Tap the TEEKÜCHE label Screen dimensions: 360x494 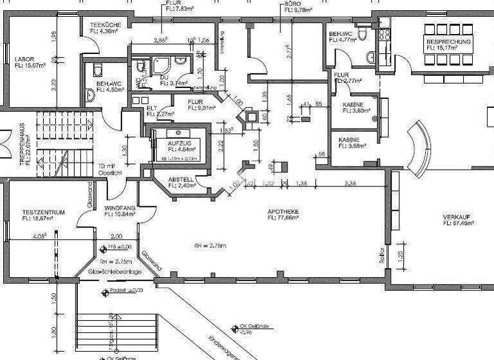click(x=97, y=24)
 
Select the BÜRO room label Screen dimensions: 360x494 click(x=293, y=3)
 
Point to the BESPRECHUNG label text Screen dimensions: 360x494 click(x=448, y=42)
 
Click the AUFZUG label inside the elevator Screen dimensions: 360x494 click(x=179, y=143)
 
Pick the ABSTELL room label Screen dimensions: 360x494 click(x=181, y=179)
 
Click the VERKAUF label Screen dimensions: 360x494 click(x=457, y=217)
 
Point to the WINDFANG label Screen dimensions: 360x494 click(x=119, y=208)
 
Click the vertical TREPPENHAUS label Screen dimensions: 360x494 click(x=21, y=146)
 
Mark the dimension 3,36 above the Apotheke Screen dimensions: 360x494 click(x=351, y=183)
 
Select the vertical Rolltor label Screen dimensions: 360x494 click(x=381, y=255)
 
